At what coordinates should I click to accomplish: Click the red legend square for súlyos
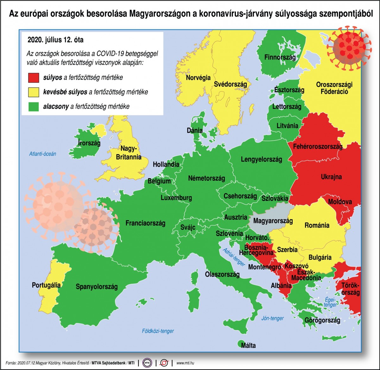click(34, 77)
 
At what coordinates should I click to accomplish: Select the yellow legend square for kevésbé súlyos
click(34, 92)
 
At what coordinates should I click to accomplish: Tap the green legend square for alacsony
click(34, 106)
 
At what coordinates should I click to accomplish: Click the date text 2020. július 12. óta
click(56, 40)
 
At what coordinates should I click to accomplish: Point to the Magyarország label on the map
click(273, 220)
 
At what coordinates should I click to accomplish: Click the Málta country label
click(248, 345)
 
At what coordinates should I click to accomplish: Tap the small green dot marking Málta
click(239, 343)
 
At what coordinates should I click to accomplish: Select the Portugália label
click(46, 285)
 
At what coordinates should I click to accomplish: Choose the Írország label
click(89, 143)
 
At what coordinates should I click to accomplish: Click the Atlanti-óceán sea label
click(42, 154)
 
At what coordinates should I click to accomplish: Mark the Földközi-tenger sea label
click(158, 331)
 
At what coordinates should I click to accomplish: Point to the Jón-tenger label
click(273, 318)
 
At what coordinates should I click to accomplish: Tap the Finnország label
click(280, 57)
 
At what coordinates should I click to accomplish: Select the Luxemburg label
click(176, 198)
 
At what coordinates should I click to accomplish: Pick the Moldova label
click(340, 202)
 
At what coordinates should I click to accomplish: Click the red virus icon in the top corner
click(349, 47)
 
